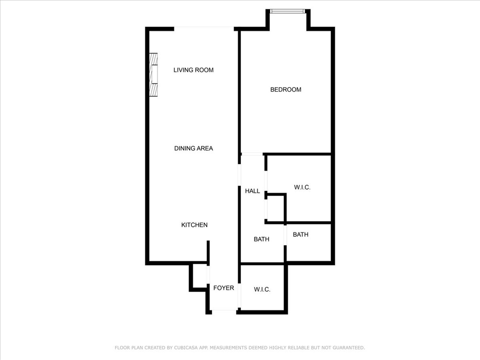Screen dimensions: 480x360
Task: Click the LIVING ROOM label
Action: (194, 70)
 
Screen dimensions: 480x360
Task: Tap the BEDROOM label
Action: (285, 90)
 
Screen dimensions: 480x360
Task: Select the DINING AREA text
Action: (194, 149)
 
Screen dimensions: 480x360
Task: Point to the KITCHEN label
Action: (195, 225)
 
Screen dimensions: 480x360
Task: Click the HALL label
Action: (253, 191)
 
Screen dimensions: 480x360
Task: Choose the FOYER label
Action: (224, 288)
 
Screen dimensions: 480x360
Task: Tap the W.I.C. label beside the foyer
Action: (262, 290)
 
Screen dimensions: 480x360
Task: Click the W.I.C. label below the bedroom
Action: (302, 187)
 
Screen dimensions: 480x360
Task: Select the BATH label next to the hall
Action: (262, 240)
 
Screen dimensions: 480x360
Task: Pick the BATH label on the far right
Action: (300, 235)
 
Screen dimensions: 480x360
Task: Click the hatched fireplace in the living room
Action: (153, 75)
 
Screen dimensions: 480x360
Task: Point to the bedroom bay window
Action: (288, 11)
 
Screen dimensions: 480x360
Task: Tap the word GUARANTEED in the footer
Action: (348, 348)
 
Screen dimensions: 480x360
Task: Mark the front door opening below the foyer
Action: (224, 311)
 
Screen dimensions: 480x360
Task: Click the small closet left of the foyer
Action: (199, 277)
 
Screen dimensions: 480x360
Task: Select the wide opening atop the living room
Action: (204, 29)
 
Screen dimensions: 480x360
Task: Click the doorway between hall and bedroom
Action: (252, 154)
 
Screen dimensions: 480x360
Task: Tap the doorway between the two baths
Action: (285, 235)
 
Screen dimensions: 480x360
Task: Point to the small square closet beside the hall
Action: (276, 208)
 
